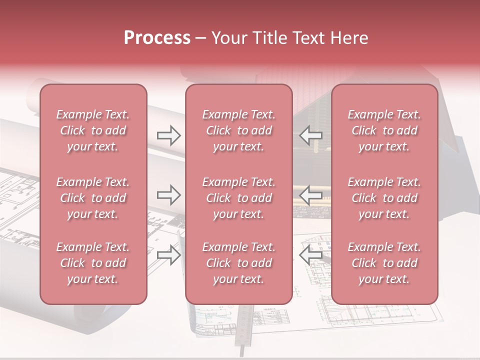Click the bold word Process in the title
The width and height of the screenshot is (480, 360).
pos(157,38)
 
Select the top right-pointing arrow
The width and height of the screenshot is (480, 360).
pos(168,135)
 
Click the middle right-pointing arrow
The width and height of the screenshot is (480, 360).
pos(168,195)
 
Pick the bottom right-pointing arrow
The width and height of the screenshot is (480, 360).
pos(168,255)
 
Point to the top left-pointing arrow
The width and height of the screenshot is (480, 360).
pos(310,135)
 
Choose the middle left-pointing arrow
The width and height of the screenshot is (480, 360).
pos(310,195)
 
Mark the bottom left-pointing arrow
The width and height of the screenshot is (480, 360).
pos(310,255)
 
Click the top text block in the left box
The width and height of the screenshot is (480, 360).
pos(93,130)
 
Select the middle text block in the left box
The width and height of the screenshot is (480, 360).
pos(93,198)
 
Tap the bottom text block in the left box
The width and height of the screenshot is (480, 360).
pos(93,263)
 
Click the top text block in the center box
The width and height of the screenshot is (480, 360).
pos(238,130)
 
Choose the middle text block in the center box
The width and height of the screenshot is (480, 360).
pos(238,198)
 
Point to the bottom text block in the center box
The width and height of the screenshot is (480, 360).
pos(238,263)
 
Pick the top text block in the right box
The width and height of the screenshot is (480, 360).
pos(384,130)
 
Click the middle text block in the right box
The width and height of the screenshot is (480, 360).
pos(384,198)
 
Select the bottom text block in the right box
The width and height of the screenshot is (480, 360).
pos(384,263)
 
